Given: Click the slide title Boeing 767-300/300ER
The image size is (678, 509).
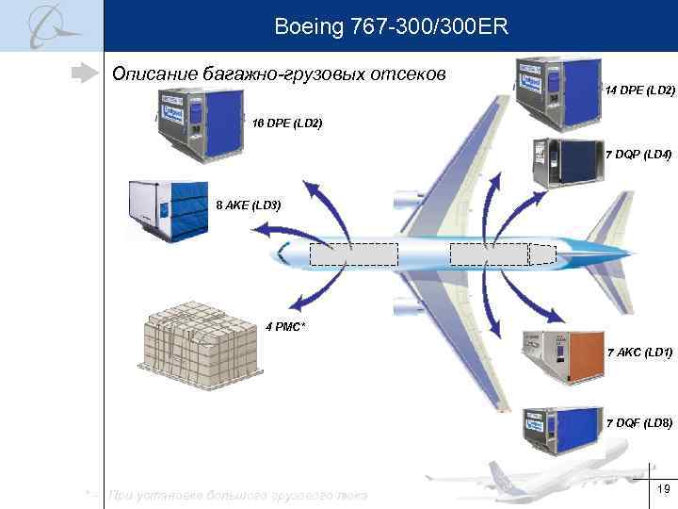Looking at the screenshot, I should (391, 26).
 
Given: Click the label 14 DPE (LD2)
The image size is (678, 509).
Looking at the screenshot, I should (640, 90).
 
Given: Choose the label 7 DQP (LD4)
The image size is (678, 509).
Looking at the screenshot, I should (638, 153).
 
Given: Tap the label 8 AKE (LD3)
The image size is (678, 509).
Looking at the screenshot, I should (249, 205).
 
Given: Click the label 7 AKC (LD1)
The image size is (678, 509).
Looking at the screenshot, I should (639, 352).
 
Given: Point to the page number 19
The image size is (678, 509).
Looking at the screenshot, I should (662, 489).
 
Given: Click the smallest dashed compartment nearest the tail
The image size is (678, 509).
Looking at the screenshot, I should (542, 254).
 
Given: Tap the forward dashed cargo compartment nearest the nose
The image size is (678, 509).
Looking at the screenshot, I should (354, 255).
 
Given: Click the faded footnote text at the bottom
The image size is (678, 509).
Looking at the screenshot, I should (235, 495).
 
